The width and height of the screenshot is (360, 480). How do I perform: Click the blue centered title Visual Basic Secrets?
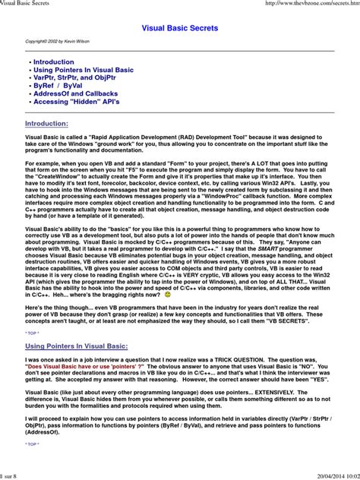click(x=180, y=28)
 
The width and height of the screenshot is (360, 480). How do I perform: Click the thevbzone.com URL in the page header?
click(x=307, y=4)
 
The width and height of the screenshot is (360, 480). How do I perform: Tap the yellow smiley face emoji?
click(x=168, y=294)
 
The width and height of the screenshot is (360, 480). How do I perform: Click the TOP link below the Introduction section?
click(x=31, y=333)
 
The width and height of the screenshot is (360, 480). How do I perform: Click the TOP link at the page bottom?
click(x=31, y=444)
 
